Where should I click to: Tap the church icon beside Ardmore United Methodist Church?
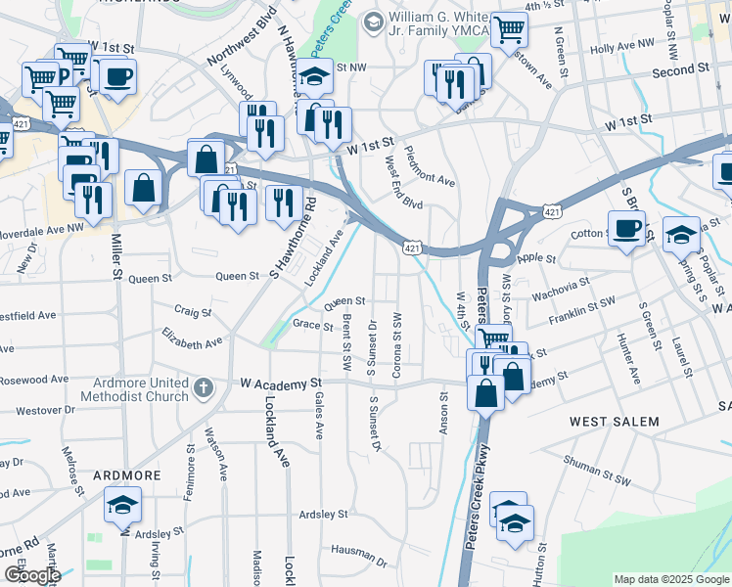[x=203, y=387]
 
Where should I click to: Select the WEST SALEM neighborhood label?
[x=614, y=422]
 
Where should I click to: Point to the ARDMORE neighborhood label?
[x=126, y=474]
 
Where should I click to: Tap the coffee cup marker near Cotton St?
[x=626, y=230]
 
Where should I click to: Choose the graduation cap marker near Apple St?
[x=681, y=236]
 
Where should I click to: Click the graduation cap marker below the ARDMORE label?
[x=122, y=506]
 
